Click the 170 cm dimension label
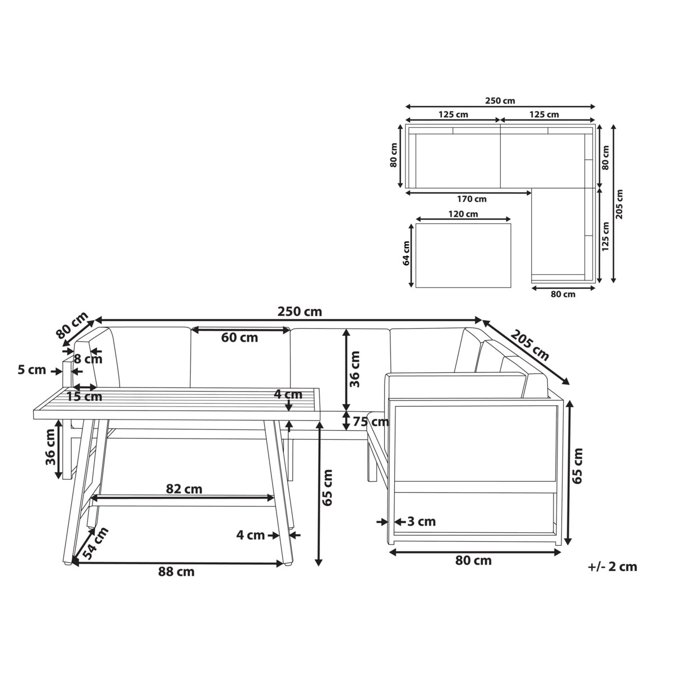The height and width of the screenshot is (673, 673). [472, 199]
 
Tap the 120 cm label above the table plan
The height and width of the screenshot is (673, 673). [463, 214]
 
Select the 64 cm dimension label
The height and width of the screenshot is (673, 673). [406, 253]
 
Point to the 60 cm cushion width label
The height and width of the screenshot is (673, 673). [239, 338]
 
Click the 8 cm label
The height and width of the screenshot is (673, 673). [88, 359]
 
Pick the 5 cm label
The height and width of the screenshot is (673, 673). [32, 370]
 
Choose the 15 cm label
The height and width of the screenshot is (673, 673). [85, 397]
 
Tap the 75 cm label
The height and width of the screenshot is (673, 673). [371, 422]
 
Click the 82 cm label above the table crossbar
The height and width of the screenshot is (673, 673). [184, 489]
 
